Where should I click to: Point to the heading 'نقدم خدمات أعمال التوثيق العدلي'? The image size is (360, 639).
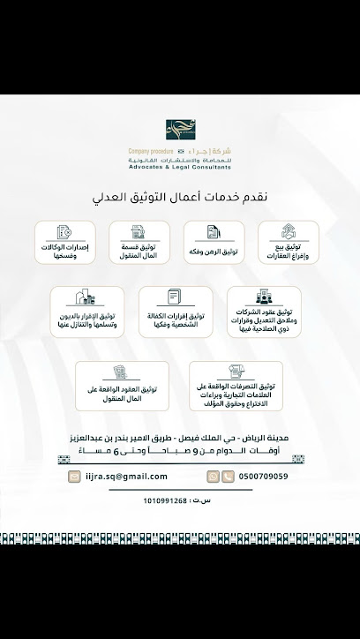click(180, 198)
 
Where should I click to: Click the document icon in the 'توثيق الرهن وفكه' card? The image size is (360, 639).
click(214, 232)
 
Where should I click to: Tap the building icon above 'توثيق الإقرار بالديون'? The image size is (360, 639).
click(85, 297)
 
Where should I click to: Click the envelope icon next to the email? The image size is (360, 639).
click(74, 477)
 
